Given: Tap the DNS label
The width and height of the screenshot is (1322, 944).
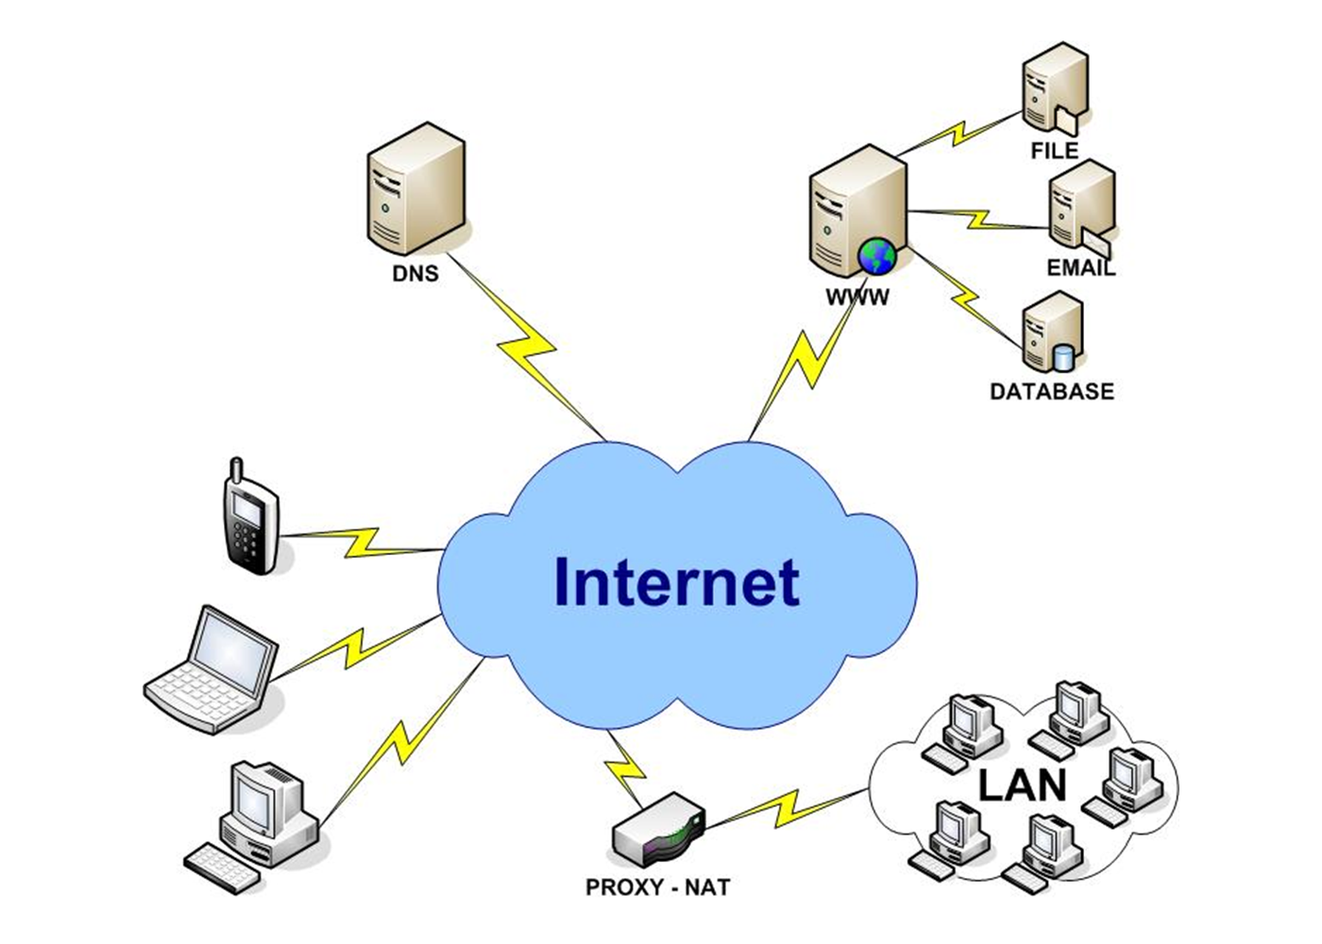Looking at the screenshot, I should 415,274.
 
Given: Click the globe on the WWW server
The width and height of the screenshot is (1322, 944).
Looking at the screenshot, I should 877,256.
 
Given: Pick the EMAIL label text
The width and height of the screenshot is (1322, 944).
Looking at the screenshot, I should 1080,268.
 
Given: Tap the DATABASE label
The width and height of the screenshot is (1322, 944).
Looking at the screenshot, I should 1051,391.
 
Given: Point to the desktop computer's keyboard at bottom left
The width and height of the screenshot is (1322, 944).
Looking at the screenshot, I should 223,866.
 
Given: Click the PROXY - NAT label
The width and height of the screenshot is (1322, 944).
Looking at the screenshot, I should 657,887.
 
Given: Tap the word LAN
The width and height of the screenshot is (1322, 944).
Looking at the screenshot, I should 1022,785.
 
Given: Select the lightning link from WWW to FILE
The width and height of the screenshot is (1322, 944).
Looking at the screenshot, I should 963,131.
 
